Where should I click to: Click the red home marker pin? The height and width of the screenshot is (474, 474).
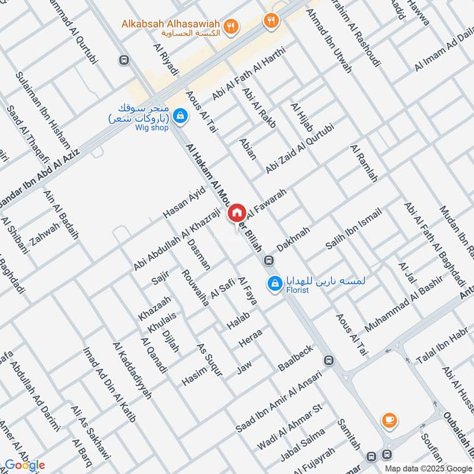click(x=237, y=212)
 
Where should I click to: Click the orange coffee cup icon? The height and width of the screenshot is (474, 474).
click(x=389, y=419)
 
